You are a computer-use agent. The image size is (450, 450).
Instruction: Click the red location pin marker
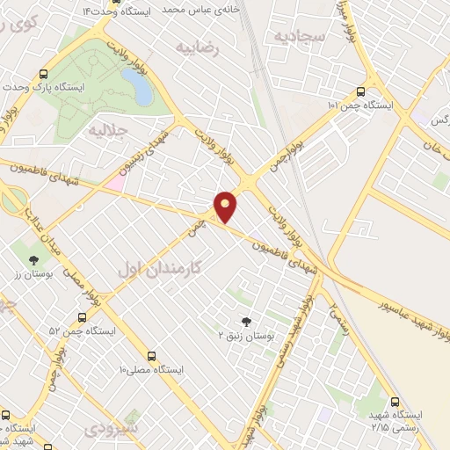tap(226, 206)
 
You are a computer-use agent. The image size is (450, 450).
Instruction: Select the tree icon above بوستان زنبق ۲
tap(247, 321)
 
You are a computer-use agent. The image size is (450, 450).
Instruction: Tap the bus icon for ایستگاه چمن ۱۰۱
tap(361, 91)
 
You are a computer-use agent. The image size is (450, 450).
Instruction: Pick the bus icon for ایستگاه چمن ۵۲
tap(81, 317)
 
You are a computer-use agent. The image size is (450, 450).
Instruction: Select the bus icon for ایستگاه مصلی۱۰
tap(152, 356)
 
